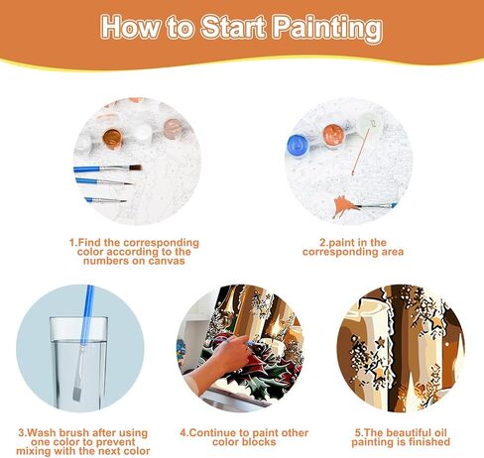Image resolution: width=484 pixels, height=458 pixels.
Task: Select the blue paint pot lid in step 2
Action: [300, 145]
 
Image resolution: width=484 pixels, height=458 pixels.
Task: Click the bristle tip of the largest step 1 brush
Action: [135, 168]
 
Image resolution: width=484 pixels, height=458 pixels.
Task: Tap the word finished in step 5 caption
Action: [422, 443]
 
